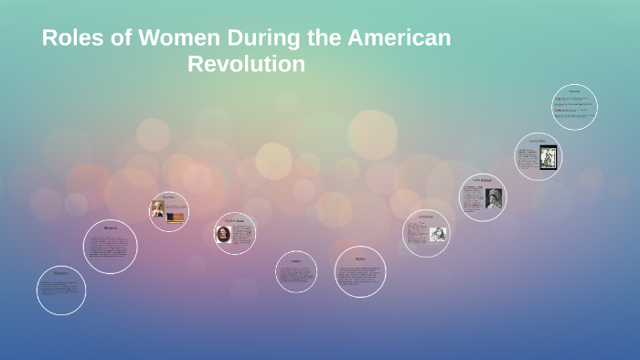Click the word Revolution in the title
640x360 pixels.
click(246, 65)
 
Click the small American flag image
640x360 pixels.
click(176, 217)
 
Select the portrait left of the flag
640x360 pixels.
click(158, 209)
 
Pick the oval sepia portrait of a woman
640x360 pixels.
click(223, 234)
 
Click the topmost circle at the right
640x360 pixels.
click(574, 107)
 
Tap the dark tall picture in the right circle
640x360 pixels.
click(548, 156)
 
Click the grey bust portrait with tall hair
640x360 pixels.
click(494, 198)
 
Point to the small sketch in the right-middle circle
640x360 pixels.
click(438, 234)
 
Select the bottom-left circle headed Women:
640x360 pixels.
click(61, 291)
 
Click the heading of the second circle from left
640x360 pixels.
click(111, 228)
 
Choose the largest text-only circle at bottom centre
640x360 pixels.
click(360, 272)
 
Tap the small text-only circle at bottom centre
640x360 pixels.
click(296, 271)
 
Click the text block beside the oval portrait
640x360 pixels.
click(241, 235)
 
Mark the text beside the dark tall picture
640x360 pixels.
click(528, 157)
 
